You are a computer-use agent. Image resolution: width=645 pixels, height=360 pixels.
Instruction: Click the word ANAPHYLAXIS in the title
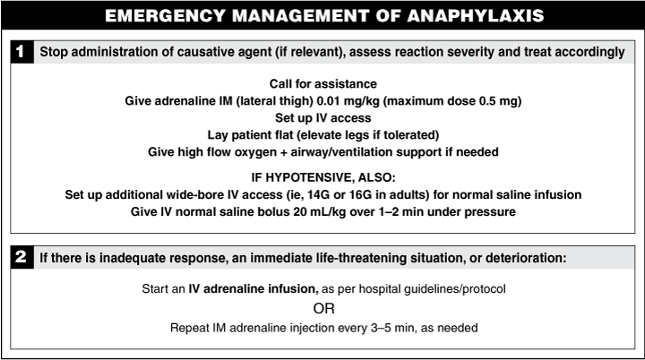(465, 15)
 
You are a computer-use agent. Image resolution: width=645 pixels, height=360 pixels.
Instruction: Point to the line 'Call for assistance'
(322, 83)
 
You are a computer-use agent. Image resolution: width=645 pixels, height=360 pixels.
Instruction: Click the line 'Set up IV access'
(322, 117)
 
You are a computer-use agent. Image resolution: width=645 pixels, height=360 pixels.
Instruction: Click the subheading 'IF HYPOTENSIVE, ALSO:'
(322, 177)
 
